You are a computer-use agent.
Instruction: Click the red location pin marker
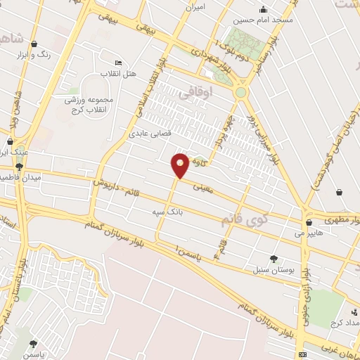point(181,165)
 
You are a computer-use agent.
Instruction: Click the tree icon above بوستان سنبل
point(274,259)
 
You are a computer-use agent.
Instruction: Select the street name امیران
point(193,6)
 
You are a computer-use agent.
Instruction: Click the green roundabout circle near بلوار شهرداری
point(241,92)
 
